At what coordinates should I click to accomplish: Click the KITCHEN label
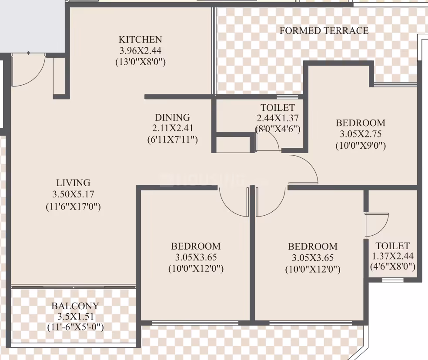click(140, 40)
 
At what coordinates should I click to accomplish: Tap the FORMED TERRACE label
click(324, 30)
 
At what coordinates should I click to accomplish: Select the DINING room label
click(172, 118)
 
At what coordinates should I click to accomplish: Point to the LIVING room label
click(73, 183)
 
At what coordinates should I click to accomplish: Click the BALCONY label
click(75, 306)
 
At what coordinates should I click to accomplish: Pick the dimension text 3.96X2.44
click(140, 51)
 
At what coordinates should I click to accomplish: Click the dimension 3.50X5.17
click(73, 194)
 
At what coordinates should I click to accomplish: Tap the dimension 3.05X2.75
click(361, 134)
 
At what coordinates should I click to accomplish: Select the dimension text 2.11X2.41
click(173, 128)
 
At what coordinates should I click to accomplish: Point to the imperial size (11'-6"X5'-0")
click(75, 327)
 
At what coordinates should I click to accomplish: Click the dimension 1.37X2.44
click(393, 256)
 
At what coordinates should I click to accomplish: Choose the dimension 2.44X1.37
click(278, 118)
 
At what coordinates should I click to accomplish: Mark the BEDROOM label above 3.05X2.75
click(361, 123)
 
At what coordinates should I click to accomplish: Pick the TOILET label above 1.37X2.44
click(393, 246)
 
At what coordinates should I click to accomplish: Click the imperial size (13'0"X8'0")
click(140, 62)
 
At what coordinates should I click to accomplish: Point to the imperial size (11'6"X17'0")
click(73, 207)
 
